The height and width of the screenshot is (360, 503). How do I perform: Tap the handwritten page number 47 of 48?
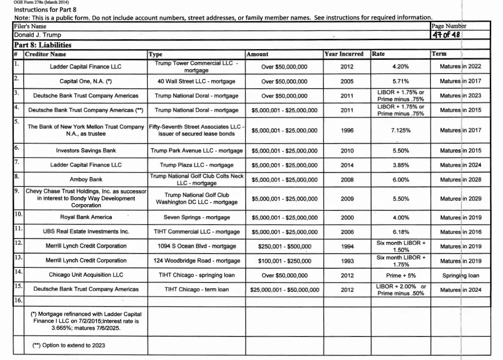[x=446, y=35]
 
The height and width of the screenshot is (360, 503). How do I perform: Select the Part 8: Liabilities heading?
[x=43, y=45]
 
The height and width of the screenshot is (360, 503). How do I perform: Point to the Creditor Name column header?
[x=46, y=54]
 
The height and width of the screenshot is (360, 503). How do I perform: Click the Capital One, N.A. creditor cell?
[x=86, y=81]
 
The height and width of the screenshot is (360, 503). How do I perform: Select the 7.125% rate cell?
[x=401, y=130]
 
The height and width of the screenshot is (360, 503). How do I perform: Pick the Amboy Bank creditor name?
[x=86, y=180]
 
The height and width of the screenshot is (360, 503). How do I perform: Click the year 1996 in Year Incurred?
[x=347, y=130]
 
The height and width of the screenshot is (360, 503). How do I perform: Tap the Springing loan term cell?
[x=460, y=276]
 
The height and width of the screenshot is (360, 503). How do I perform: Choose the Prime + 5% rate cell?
[x=401, y=276]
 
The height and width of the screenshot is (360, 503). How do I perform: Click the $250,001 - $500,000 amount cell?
[x=285, y=246]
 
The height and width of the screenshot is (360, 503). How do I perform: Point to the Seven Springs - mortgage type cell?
[x=196, y=217]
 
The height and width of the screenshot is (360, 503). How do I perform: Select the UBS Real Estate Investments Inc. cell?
[x=86, y=231]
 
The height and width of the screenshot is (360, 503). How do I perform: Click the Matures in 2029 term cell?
[x=460, y=199]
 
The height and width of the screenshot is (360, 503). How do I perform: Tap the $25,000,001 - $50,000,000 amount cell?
[x=285, y=290]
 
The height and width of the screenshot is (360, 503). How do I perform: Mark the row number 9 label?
[x=16, y=190]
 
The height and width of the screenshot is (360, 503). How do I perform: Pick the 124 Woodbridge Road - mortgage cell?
[x=196, y=261]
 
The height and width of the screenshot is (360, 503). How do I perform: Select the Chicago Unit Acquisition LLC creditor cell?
[x=86, y=275]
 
